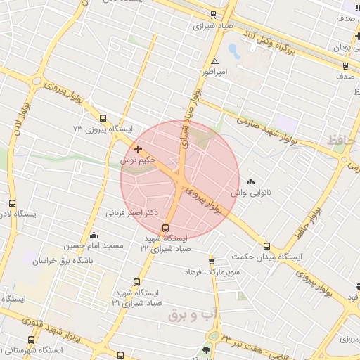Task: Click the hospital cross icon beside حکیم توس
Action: (x=137, y=149)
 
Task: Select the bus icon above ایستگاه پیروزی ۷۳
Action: (x=103, y=118)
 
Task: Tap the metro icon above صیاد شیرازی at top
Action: (x=213, y=14)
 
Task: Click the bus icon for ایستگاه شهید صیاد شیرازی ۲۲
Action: (x=166, y=228)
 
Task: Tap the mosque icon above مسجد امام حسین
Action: (x=94, y=235)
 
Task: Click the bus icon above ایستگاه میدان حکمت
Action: (x=266, y=246)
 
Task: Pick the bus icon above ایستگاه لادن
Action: (x=11, y=202)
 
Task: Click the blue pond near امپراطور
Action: (x=235, y=51)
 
